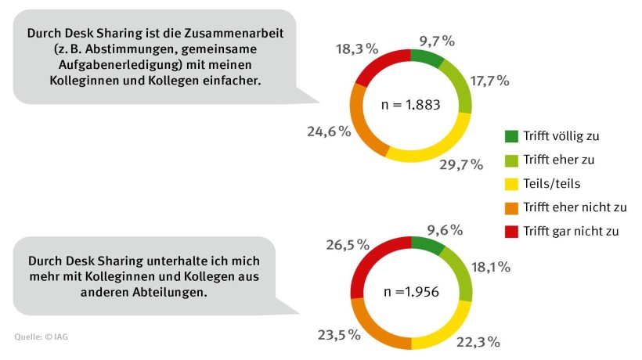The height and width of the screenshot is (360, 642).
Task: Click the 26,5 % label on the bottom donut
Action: (347, 245)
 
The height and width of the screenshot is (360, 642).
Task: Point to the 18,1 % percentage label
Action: (489, 267)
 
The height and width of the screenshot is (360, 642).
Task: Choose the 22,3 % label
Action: (478, 340)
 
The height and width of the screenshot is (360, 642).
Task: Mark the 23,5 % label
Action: (339, 334)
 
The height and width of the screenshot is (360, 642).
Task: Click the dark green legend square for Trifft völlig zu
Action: (511, 136)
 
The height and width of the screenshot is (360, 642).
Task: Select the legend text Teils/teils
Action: (552, 183)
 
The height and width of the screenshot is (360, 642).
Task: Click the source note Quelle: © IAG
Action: (46, 337)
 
